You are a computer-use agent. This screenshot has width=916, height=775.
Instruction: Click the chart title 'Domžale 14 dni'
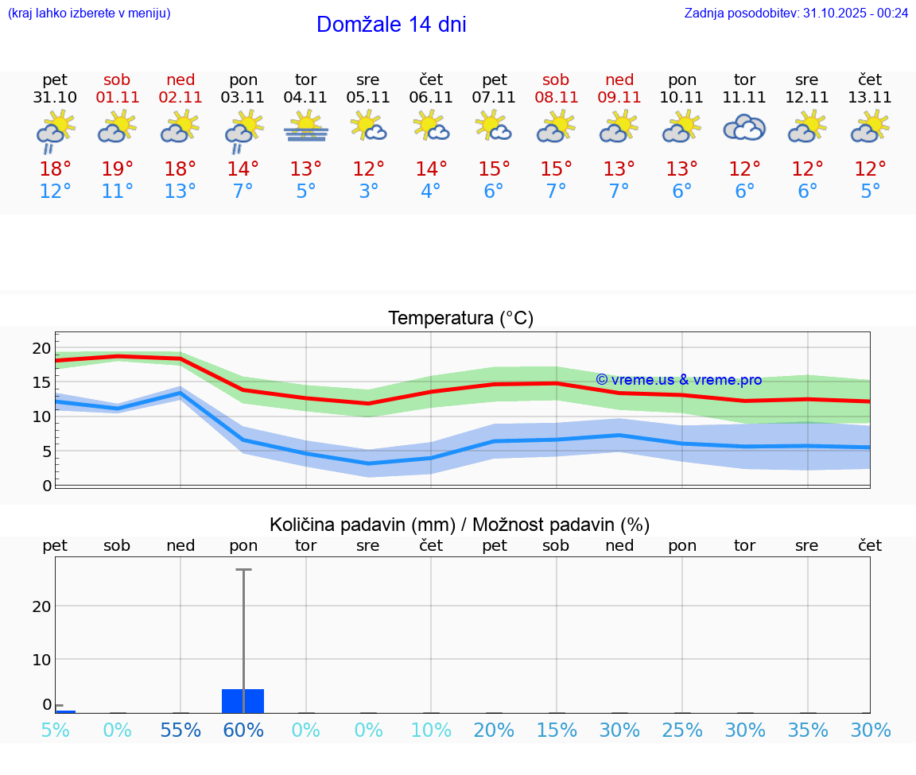tap(391, 25)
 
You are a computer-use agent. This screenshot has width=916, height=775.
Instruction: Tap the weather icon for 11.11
tap(744, 127)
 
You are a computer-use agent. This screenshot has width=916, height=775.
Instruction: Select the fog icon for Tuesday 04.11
tap(306, 127)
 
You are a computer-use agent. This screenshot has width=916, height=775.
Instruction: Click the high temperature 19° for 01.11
tap(117, 169)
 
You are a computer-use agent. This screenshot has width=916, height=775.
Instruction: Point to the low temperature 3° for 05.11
tap(368, 192)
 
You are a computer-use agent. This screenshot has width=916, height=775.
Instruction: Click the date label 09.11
tap(619, 98)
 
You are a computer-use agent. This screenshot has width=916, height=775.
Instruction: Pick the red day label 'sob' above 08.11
tap(556, 79)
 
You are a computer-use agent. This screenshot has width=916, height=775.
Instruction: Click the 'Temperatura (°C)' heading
tap(460, 319)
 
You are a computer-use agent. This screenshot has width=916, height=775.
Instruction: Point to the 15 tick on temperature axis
tap(41, 382)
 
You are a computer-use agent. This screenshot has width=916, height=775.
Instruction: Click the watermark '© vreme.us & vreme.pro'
tap(679, 380)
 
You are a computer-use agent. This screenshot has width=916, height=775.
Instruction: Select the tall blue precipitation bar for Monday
tap(243, 701)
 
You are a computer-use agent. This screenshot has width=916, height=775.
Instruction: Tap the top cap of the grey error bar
tap(243, 570)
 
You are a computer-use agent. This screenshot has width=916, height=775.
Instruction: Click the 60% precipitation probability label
tap(243, 730)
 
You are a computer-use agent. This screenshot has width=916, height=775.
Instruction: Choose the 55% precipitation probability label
tap(180, 730)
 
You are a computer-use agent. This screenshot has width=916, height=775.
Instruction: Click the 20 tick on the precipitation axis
tap(41, 606)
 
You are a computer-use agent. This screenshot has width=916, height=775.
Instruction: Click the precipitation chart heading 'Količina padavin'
tap(460, 525)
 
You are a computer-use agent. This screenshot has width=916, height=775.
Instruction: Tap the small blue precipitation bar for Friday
tap(65, 711)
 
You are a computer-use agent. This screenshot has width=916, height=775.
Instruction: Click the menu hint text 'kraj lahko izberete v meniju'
tap(89, 13)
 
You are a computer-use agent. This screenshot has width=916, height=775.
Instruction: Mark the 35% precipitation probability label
tap(808, 730)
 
